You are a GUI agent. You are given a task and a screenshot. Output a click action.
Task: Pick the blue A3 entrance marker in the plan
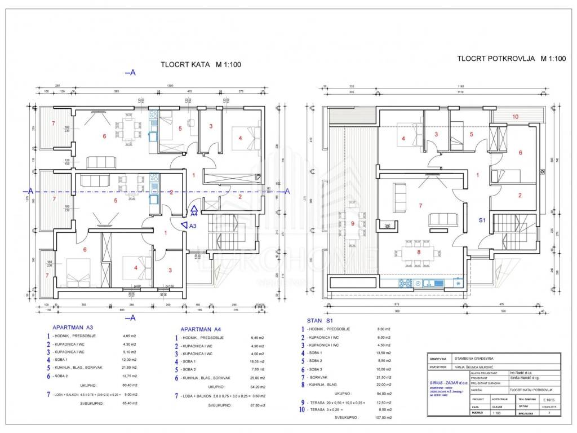point(188,226)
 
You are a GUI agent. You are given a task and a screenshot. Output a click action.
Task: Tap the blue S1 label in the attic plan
point(482,220)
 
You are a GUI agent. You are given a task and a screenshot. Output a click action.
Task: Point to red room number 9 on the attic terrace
point(353,223)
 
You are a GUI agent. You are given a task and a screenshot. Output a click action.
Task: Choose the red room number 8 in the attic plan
point(419,252)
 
